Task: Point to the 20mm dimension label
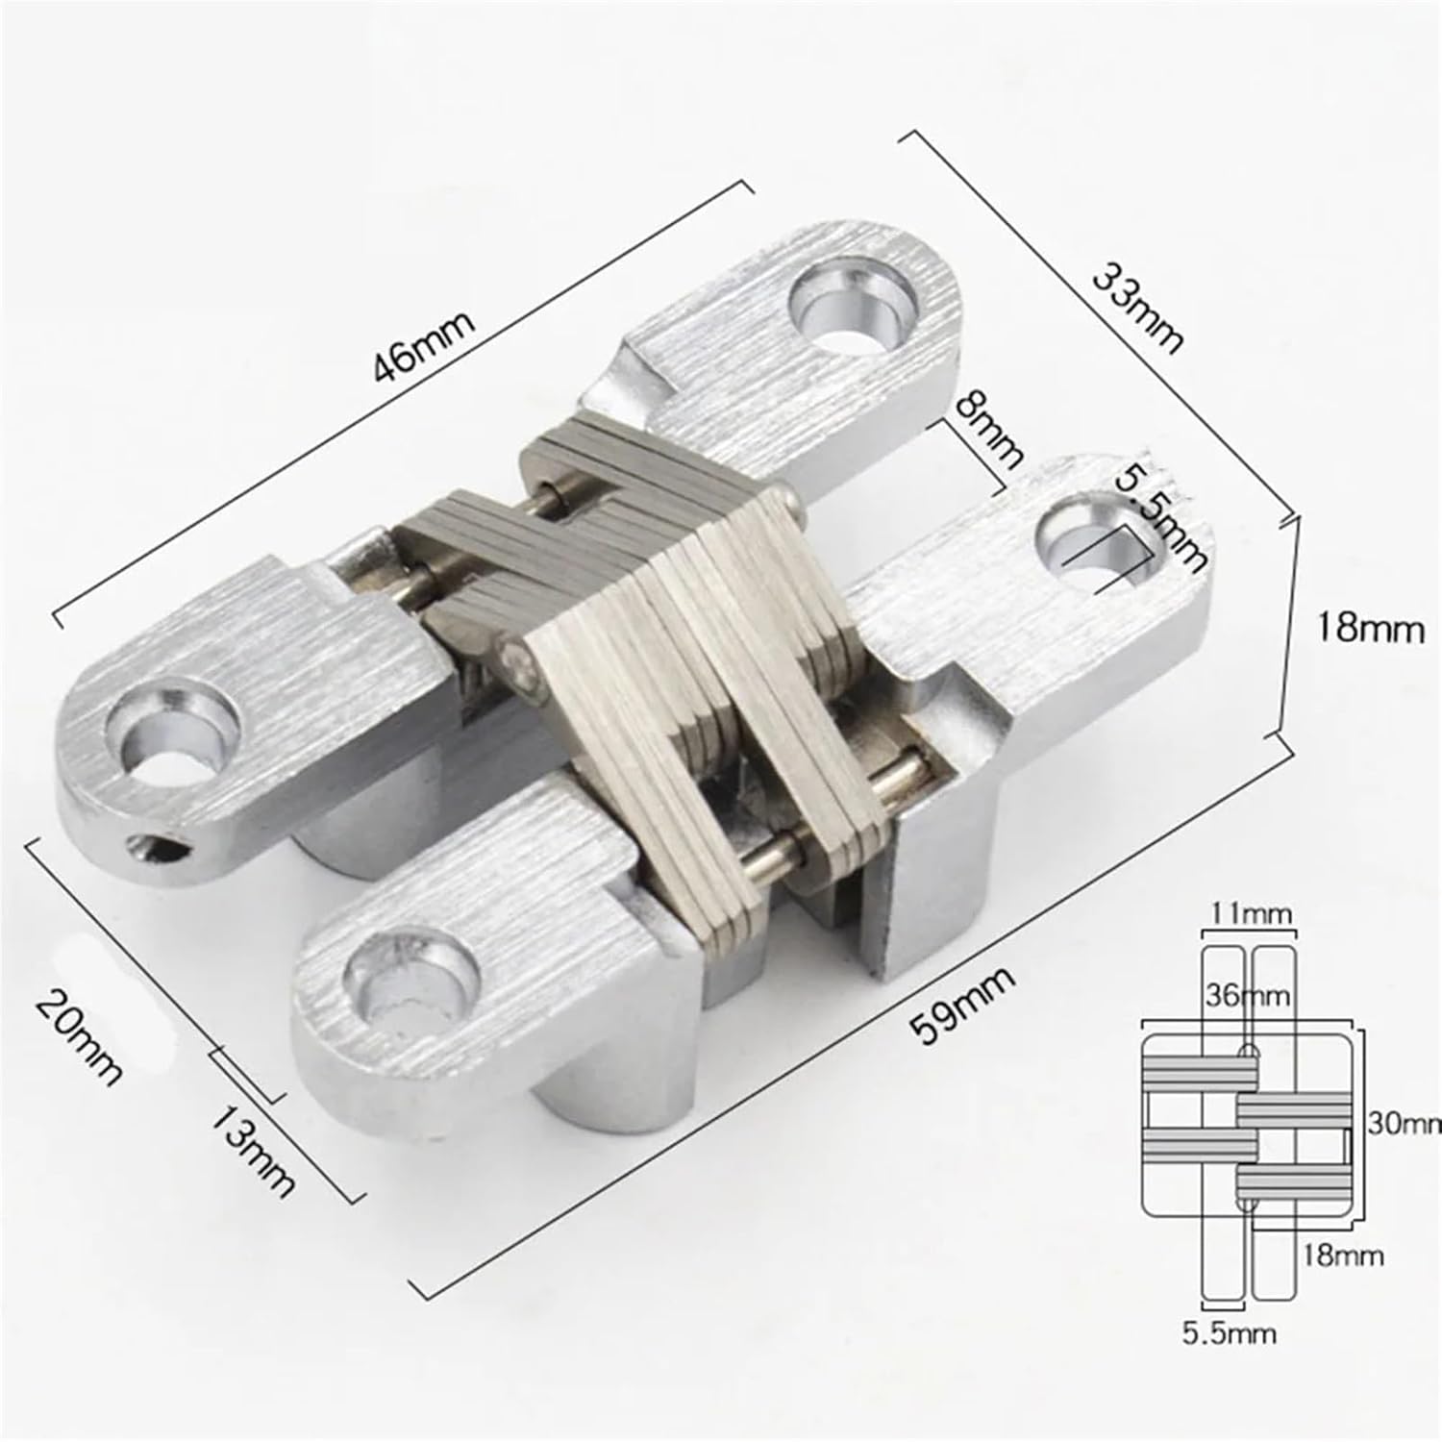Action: click(79, 1038)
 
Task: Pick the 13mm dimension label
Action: click(252, 1151)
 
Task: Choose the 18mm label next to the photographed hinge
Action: click(1370, 630)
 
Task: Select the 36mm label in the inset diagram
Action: click(1248, 996)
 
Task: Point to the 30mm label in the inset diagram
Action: click(1404, 1123)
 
